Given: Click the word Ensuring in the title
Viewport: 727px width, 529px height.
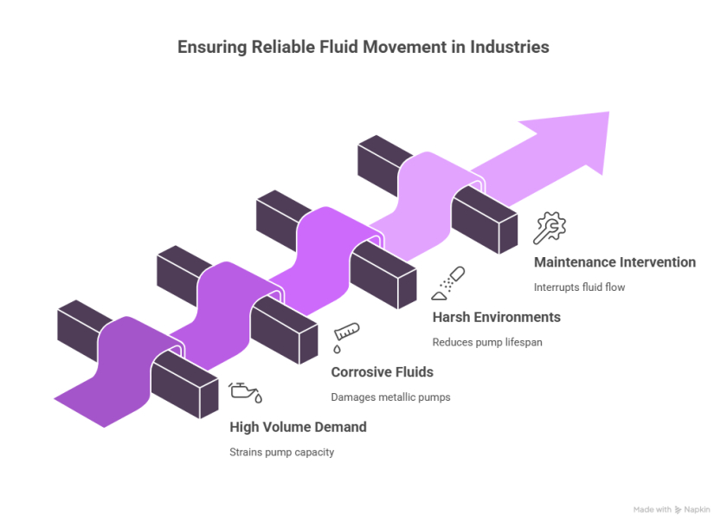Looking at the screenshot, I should (211, 48).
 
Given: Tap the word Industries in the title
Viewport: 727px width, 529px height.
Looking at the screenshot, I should (509, 48).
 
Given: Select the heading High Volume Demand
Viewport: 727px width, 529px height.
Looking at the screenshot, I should (298, 427).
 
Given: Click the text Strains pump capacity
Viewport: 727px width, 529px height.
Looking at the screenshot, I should (281, 452).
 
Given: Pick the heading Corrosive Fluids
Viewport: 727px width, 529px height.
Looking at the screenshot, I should (383, 372).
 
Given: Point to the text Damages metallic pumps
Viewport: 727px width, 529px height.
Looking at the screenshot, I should (390, 397).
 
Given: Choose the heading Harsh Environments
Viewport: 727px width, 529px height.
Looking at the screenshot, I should (496, 317).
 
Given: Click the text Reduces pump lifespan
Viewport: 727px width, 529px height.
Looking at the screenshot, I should (487, 342).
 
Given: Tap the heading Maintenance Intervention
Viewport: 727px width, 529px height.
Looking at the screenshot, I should (614, 262).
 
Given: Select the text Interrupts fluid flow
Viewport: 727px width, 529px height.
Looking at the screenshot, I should (579, 287).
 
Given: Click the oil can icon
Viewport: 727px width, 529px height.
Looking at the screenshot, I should (245, 392).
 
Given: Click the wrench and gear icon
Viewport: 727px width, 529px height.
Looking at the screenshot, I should (550, 228).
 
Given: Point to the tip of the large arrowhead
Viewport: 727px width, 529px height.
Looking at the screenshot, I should (609, 113).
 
